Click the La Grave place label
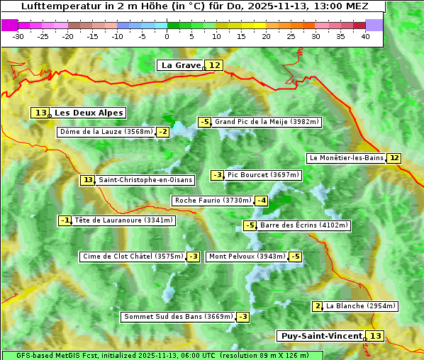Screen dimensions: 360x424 [181, 65]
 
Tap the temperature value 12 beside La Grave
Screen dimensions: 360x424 [215, 65]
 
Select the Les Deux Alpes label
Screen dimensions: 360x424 [89, 113]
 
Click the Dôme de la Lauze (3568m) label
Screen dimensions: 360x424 [106, 132]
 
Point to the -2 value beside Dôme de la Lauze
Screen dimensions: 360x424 [163, 132]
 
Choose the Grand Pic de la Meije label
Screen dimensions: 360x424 [267, 122]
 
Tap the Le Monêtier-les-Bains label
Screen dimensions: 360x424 [346, 158]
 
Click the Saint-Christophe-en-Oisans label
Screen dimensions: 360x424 [145, 180]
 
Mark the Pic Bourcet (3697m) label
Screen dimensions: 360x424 [264, 175]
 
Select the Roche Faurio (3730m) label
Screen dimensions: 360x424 [213, 201]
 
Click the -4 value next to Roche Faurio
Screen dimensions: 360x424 [262, 201]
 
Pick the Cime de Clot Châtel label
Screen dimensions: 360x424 [133, 257]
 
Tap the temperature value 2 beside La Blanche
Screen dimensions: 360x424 [317, 306]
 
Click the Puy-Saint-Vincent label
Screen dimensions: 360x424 [321, 336]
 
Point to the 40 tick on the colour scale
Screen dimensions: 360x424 [365, 35]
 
